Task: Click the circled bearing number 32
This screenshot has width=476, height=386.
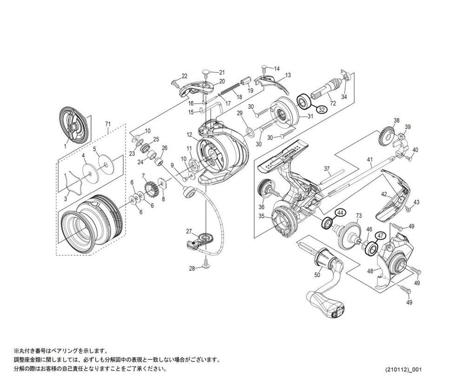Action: [322, 110]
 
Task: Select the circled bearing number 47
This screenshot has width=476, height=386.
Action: [380, 236]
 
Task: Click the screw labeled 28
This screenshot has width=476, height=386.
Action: [206, 265]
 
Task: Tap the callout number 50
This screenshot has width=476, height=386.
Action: [317, 275]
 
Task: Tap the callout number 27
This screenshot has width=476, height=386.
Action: [189, 231]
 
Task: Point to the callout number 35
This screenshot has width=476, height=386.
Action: [261, 215]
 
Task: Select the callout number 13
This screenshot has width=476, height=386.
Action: [288, 75]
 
